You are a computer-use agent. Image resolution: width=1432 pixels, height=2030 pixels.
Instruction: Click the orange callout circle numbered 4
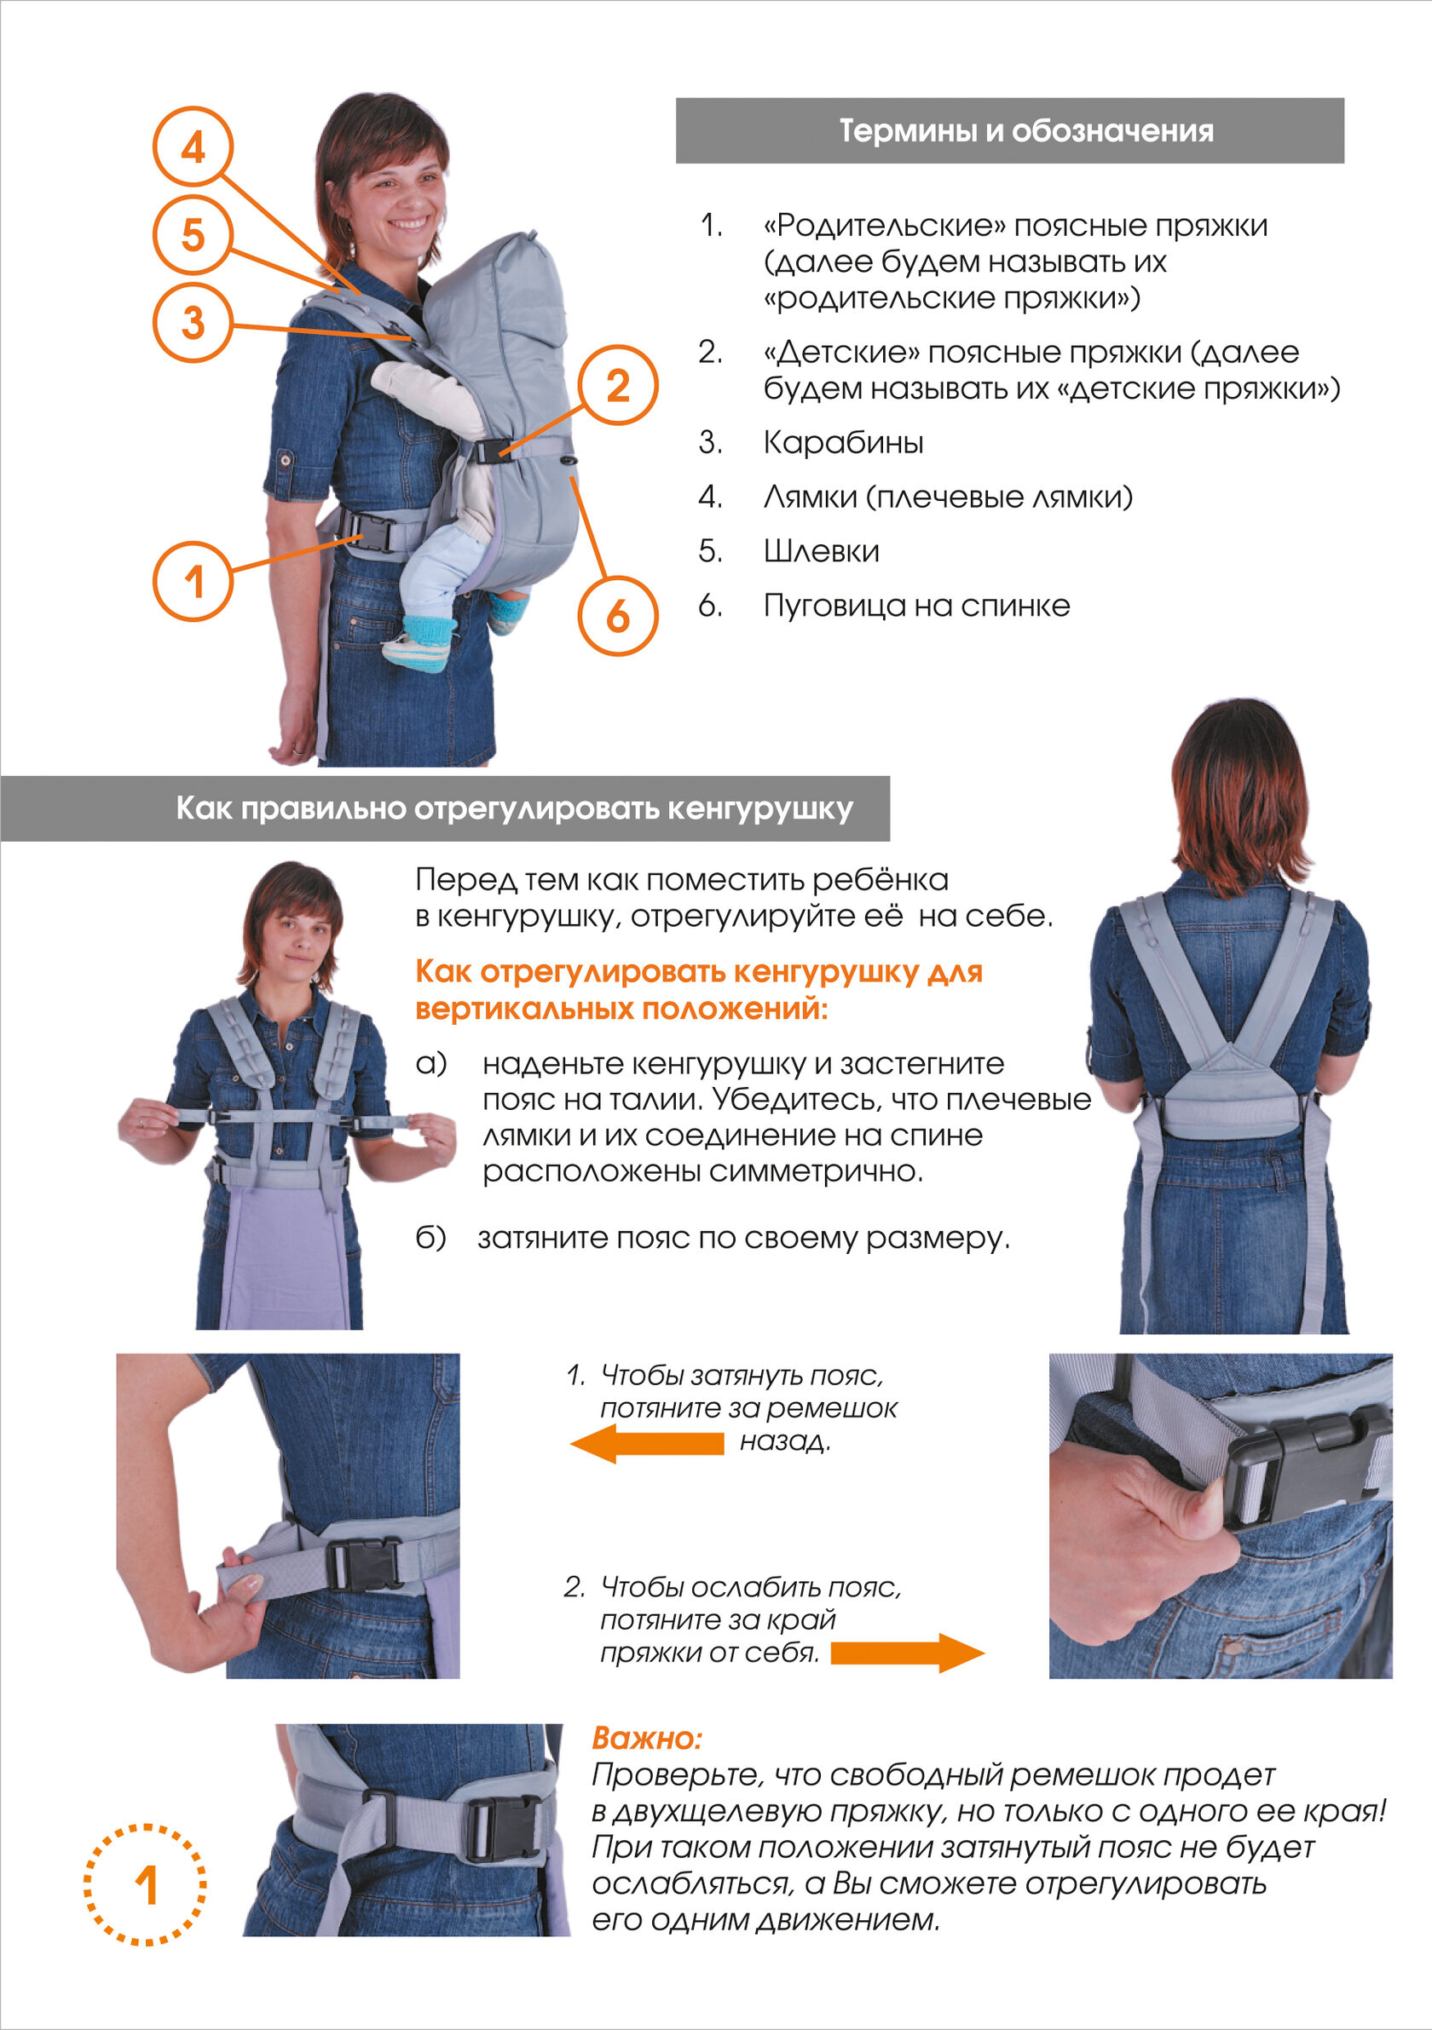193,146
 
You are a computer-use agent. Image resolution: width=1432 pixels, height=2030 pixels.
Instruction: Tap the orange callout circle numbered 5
193,234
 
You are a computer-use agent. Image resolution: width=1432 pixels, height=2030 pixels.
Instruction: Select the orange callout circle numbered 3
193,322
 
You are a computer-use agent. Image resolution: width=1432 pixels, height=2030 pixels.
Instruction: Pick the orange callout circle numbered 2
618,386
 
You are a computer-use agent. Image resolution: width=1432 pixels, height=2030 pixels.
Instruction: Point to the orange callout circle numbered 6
618,616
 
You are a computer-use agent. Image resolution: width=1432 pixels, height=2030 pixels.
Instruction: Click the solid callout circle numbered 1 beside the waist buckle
193,582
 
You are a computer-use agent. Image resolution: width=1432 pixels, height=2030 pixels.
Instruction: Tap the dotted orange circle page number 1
146,1884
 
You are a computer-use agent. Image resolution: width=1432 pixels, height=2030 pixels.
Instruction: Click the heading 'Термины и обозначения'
1026,131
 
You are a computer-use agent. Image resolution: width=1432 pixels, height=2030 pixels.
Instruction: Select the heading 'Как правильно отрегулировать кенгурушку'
514,808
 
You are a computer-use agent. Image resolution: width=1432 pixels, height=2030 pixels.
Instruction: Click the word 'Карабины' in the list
843,442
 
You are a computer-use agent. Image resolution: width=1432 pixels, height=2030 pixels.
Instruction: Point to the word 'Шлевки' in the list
821,551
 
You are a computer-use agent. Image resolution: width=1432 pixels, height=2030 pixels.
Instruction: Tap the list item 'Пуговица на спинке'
916,606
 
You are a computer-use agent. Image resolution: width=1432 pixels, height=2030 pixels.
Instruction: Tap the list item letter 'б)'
430,1238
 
